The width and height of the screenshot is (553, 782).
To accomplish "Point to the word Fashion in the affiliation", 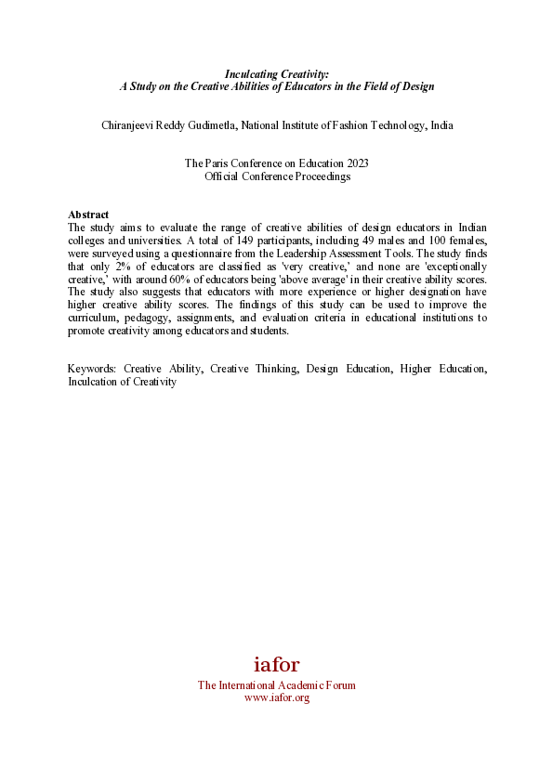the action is coord(338,125).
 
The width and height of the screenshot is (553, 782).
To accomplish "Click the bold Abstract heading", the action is coord(88,215).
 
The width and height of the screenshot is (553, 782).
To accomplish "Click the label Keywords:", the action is coord(91,369).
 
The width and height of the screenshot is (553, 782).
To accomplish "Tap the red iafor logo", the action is coord(276,665).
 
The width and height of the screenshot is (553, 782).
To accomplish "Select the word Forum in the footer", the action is coord(339,685).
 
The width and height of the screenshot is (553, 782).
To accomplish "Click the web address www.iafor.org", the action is coord(276,697).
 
